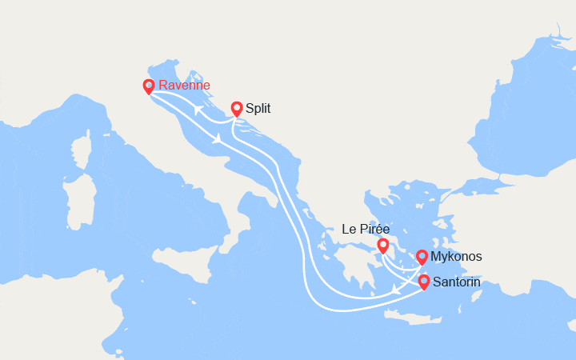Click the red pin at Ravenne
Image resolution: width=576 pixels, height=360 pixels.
[x=148, y=86]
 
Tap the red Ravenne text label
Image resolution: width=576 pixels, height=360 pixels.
[x=185, y=86]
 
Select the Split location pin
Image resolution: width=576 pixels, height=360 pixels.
[x=237, y=109]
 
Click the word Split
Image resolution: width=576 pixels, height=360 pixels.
[x=258, y=109]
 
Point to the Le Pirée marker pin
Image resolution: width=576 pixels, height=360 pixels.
[x=383, y=245]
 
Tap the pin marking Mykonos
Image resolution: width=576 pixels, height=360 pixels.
[x=422, y=257]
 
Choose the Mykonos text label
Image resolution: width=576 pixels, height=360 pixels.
[x=456, y=257]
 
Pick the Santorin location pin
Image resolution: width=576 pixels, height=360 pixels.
[x=423, y=282]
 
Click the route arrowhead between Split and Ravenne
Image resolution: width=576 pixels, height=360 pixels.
[x=196, y=110]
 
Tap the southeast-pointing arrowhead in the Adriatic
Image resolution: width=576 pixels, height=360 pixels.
[x=218, y=140]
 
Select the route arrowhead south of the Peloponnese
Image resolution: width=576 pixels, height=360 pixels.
[x=395, y=292]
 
